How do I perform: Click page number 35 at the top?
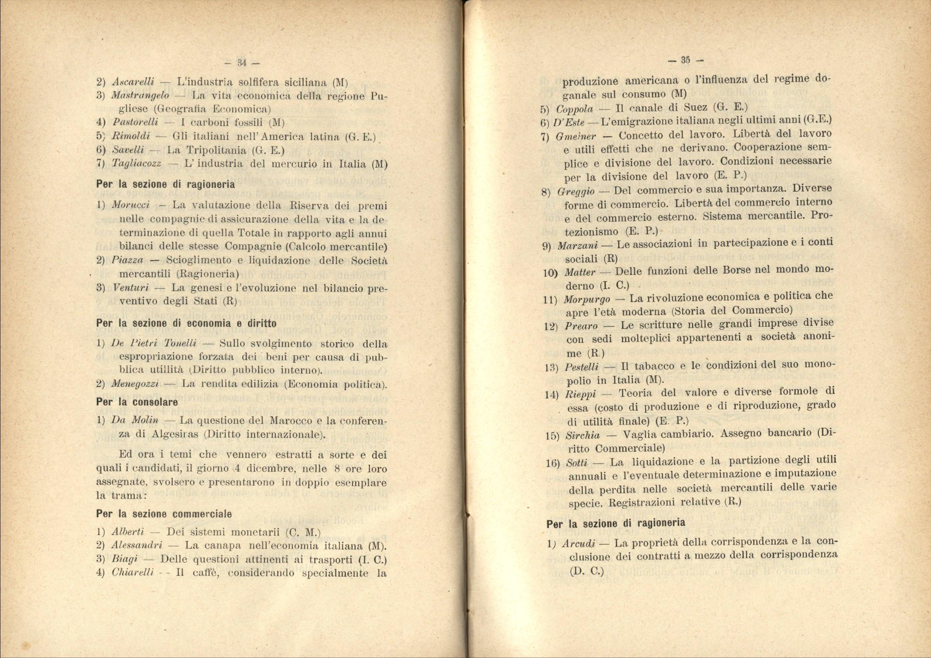pyautogui.click(x=685, y=60)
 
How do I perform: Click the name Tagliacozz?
pyautogui.click(x=137, y=164)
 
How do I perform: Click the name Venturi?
pyautogui.click(x=131, y=288)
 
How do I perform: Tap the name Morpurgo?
pyautogui.click(x=586, y=300)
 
